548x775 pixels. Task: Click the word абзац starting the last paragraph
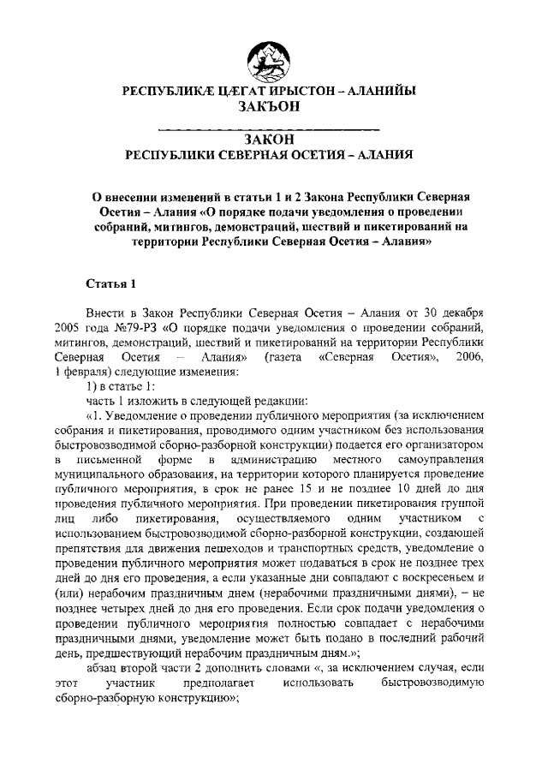pos(104,667)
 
